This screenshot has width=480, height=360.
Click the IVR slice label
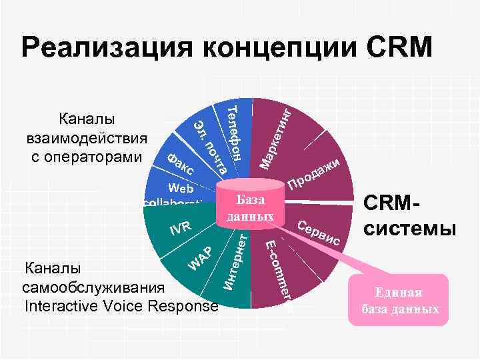[x=179, y=228]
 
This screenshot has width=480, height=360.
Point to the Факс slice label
[x=179, y=165]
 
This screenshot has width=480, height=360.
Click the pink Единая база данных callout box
[x=399, y=301]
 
